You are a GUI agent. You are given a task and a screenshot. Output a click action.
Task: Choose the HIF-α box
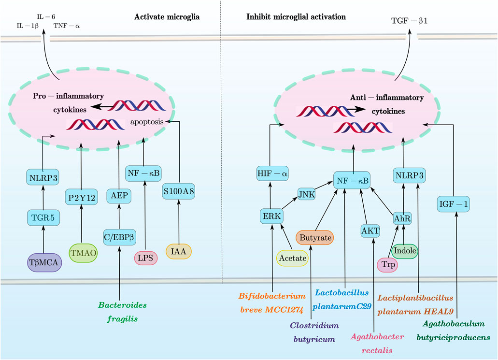(272, 173)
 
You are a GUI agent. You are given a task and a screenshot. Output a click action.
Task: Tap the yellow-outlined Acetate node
(293, 259)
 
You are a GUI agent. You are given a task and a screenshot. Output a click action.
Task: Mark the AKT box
(370, 230)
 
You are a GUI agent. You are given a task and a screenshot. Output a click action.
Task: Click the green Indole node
(405, 251)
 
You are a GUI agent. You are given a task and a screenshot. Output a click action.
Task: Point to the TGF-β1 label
(411, 21)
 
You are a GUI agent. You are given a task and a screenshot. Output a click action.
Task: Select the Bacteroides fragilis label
(119, 312)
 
